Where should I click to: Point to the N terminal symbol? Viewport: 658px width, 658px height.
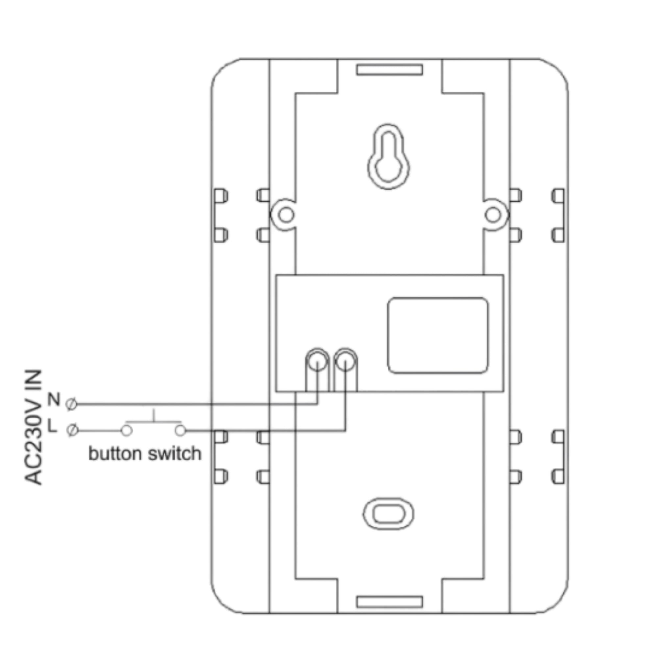[71, 404]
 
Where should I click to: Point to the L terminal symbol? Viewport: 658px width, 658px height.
[72, 430]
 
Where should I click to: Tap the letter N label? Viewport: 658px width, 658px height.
[54, 399]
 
